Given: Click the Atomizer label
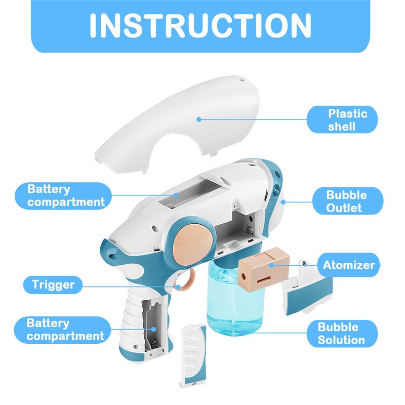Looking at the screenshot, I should pos(349,265).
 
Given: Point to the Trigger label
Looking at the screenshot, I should pos(53,285).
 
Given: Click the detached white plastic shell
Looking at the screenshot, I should pos(177,127).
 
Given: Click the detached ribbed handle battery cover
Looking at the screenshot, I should pos(194,354).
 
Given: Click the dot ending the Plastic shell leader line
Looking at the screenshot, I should pos(199,119).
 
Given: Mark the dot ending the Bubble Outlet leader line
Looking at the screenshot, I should pos(284,201).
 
